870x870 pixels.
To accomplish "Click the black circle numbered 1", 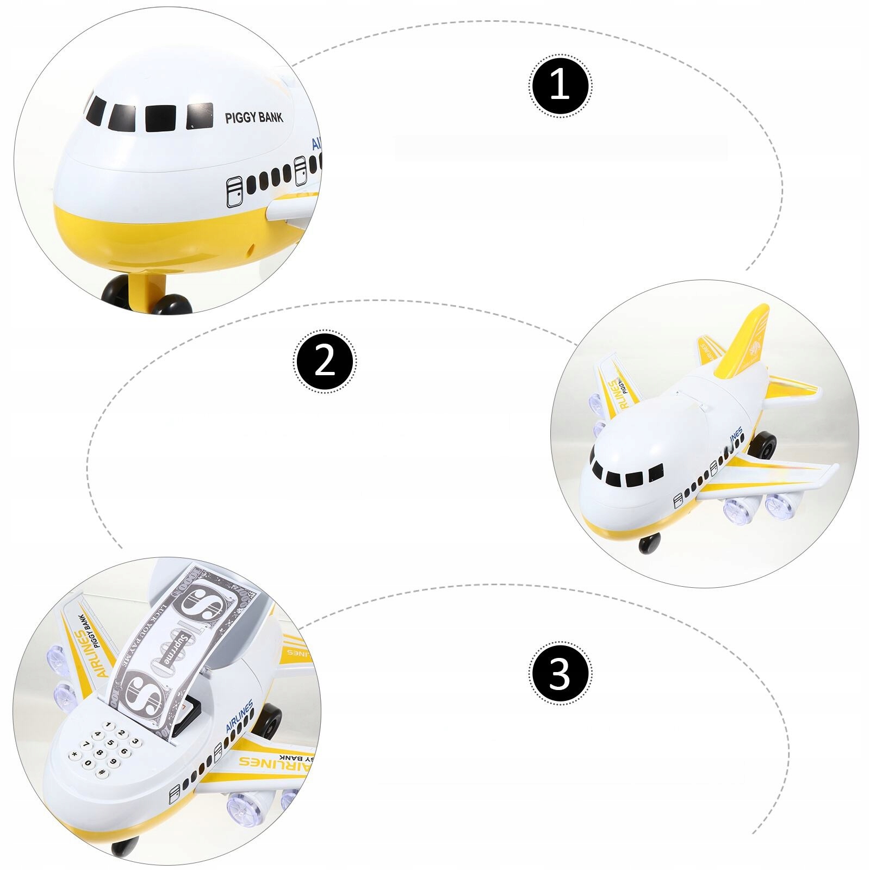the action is click(x=560, y=85).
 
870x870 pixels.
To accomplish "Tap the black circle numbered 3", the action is click(x=560, y=674).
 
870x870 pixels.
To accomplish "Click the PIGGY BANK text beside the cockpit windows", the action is click(x=254, y=117).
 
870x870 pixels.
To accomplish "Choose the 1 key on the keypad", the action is click(x=109, y=726).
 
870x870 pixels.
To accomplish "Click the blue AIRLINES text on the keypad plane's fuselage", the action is click(x=239, y=717).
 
